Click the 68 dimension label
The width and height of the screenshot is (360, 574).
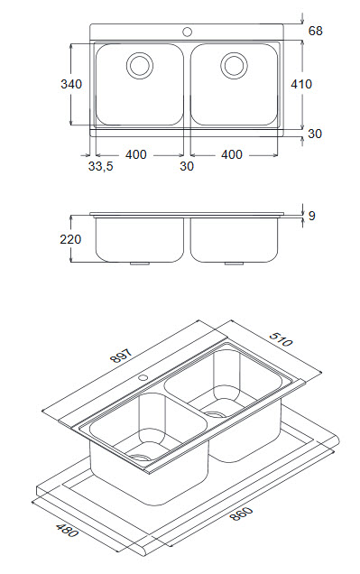pyautogui.click(x=315, y=31)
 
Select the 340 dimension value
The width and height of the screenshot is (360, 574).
pyautogui.click(x=71, y=84)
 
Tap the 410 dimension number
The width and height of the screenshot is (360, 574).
pyautogui.click(x=301, y=84)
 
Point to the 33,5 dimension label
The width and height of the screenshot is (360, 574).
pyautogui.click(x=101, y=167)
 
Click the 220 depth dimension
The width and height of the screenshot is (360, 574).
pyautogui.click(x=70, y=239)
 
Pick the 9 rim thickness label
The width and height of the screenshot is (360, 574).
pyautogui.click(x=311, y=216)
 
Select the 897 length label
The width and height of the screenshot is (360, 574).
pyautogui.click(x=121, y=356)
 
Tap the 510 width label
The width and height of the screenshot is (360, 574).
pyautogui.click(x=281, y=339)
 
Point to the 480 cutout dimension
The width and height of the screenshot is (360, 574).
pyautogui.click(x=68, y=531)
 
